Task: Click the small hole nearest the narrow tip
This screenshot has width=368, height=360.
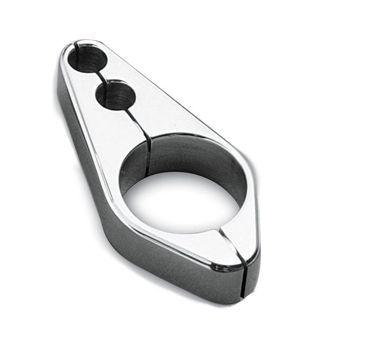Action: click(x=87, y=59)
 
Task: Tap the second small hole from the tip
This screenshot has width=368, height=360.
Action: click(x=116, y=96)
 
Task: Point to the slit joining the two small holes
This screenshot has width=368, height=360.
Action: click(x=102, y=77)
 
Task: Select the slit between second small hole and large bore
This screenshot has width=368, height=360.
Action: click(x=141, y=123)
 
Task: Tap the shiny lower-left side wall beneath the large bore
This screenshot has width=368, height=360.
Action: click(x=159, y=254)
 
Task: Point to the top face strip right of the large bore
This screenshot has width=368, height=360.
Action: click(x=251, y=203)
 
